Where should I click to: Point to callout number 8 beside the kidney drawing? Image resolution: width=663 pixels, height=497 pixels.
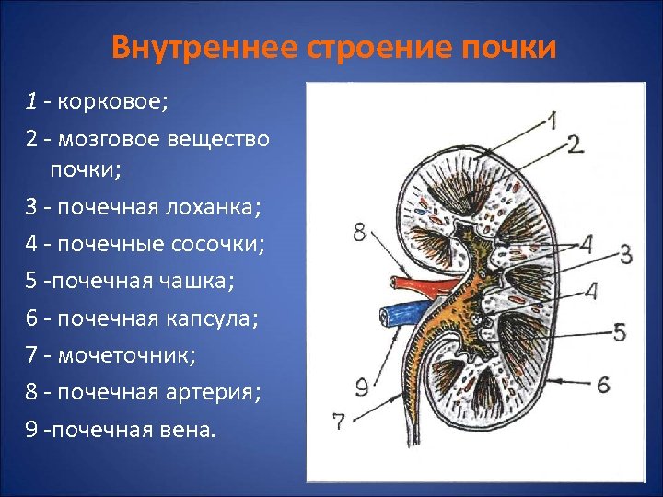coord(359,232)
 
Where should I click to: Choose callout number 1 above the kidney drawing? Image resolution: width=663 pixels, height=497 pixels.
coord(551,120)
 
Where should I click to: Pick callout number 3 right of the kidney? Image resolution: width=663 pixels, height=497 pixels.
coord(625,252)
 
